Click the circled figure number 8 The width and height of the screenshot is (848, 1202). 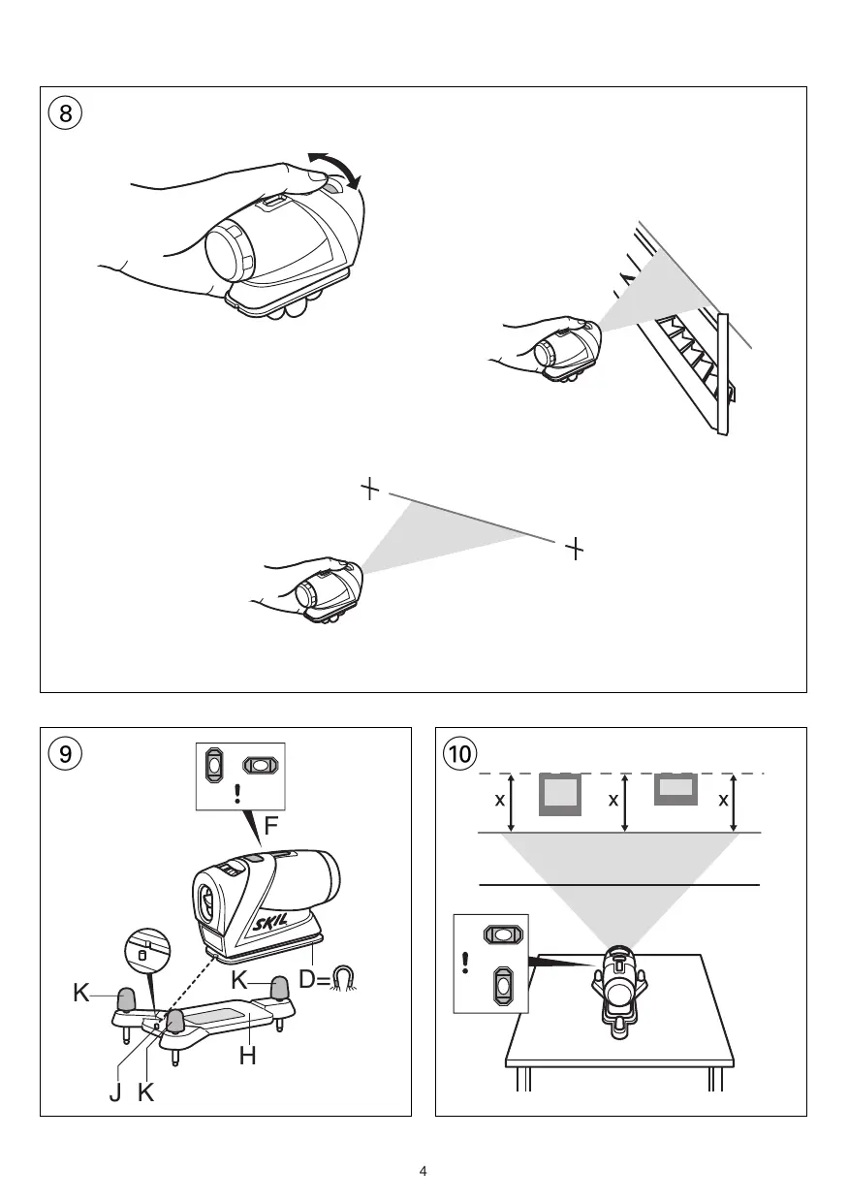[x=65, y=112]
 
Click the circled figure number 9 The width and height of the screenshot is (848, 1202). [x=65, y=753]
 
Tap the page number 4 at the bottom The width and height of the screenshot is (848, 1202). [x=424, y=1171]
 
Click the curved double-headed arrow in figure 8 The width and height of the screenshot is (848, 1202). [x=334, y=169]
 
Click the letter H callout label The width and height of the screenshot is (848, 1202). [x=248, y=1056]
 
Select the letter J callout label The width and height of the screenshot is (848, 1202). [x=117, y=1096]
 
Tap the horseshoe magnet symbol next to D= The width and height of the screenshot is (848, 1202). [x=344, y=979]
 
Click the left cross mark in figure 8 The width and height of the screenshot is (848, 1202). [x=369, y=489]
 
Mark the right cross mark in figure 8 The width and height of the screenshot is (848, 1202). [x=575, y=548]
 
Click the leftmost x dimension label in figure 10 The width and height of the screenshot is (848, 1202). [x=499, y=801]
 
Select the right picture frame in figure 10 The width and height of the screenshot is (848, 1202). [x=676, y=789]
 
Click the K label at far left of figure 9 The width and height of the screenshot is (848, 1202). [x=81, y=994]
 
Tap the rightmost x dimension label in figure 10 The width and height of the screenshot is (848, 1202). [x=723, y=801]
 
